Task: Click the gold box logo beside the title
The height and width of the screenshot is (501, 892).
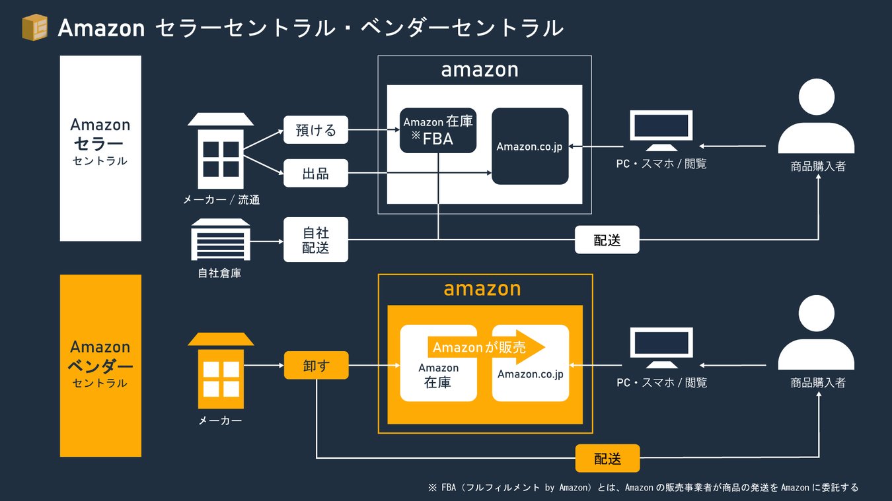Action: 34,28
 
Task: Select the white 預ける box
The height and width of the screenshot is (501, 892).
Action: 316,130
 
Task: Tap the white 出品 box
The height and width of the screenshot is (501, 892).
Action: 316,174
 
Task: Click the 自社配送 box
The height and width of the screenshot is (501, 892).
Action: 316,240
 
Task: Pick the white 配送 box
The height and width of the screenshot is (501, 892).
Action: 607,240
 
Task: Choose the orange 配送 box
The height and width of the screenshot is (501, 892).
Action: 607,458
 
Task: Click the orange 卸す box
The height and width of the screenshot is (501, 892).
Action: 316,365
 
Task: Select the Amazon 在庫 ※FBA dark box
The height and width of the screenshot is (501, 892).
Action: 438,130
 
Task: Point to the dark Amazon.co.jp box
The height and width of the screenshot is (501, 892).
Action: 530,146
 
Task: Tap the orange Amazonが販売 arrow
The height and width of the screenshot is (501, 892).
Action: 486,347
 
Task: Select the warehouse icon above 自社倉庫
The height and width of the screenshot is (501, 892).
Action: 221,240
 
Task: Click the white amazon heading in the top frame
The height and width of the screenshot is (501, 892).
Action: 480,69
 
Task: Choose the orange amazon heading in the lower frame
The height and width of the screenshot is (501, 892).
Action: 482,288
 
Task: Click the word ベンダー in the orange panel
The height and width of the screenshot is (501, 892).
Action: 100,365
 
